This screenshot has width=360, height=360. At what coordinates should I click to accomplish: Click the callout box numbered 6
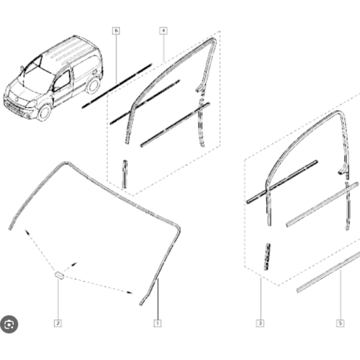click(x=116, y=31)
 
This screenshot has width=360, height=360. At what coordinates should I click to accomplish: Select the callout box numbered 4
click(x=163, y=31)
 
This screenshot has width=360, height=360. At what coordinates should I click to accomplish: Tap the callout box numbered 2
click(x=58, y=323)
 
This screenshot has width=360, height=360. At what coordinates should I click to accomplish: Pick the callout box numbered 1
click(x=158, y=323)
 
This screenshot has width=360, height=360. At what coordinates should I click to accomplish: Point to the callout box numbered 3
click(x=260, y=323)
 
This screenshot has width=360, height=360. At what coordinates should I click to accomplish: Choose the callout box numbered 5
click(x=341, y=323)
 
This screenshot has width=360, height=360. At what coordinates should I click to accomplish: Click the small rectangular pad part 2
click(x=60, y=275)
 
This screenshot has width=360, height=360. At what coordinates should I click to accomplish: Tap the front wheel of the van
click(x=45, y=112)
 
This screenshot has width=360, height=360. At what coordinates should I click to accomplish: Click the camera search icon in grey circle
click(x=9, y=325)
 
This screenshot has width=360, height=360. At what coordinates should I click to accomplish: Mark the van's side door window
click(x=61, y=81)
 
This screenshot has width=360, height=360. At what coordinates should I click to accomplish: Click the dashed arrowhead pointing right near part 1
click(x=130, y=292)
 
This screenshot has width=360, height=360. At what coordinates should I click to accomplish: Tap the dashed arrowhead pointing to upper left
click(x=27, y=231)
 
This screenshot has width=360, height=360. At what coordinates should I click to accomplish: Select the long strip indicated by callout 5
click(x=328, y=273)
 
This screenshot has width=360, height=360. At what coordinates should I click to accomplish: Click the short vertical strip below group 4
click(x=125, y=174)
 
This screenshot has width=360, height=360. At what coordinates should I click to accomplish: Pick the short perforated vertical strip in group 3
click(x=267, y=257)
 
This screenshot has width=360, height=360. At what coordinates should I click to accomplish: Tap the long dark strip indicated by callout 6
click(x=117, y=86)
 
